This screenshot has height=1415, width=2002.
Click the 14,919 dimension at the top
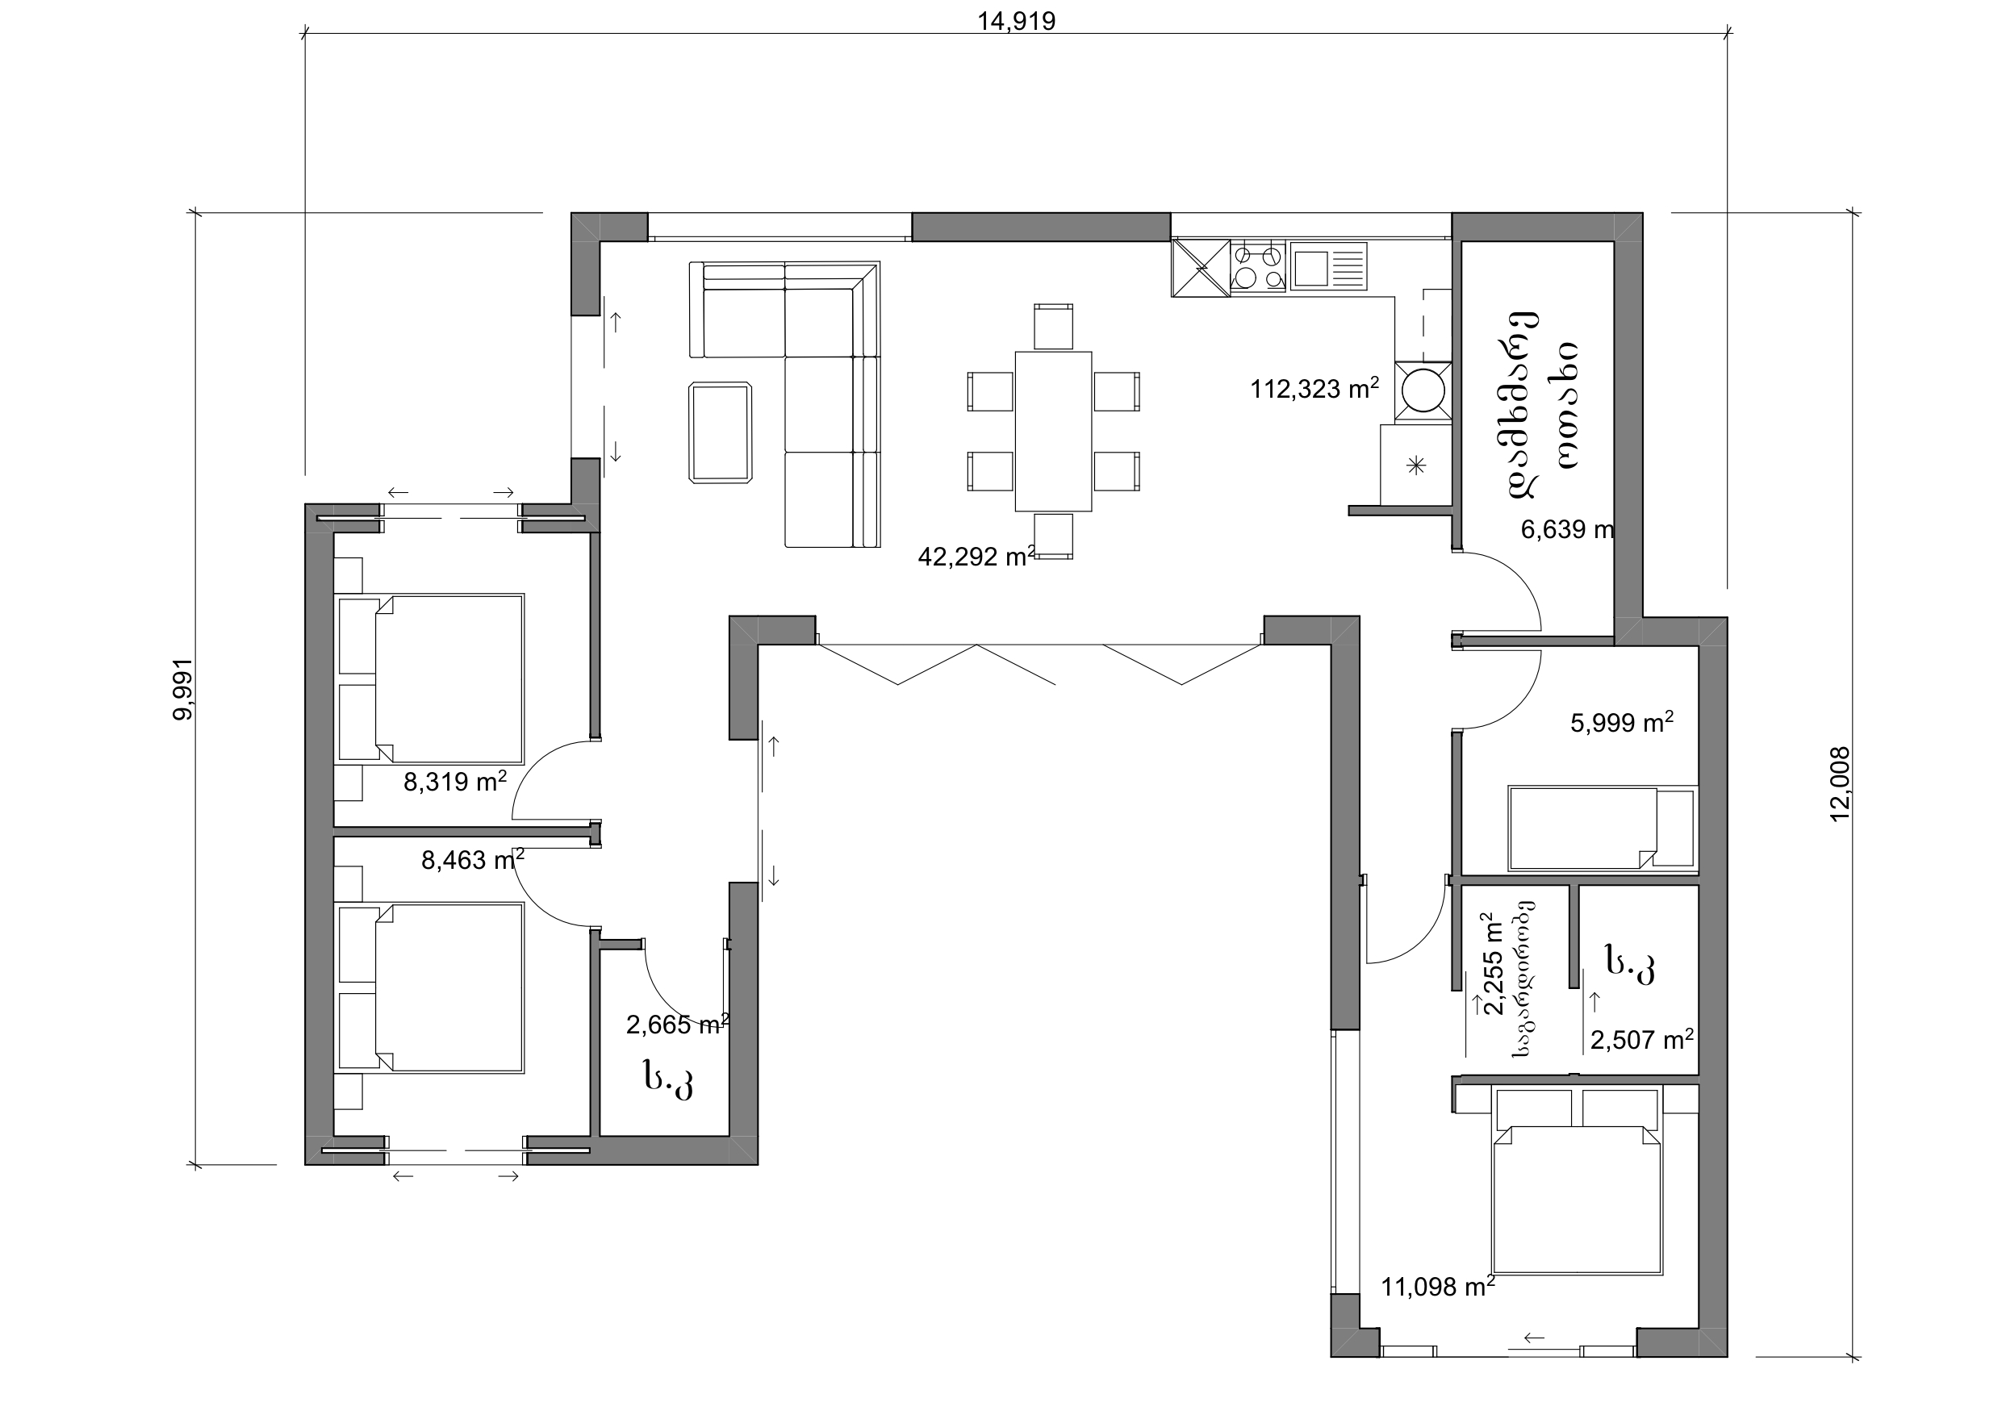[1016, 21]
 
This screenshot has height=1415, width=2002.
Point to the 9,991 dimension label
[183, 689]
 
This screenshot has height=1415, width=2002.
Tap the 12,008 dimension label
[1840, 784]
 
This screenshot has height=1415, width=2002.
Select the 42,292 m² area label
[976, 556]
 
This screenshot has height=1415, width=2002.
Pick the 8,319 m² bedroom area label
[454, 780]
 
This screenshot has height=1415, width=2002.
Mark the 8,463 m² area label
[473, 860]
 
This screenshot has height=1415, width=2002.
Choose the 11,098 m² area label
[1438, 1286]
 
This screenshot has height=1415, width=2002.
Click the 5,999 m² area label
[1622, 722]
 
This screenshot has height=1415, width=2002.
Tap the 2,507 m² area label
[1642, 1039]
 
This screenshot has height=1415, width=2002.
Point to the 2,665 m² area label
[678, 1025]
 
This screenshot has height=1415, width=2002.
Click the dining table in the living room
[1053, 431]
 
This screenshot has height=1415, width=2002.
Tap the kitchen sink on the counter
[1329, 267]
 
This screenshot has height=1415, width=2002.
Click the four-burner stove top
[1258, 267]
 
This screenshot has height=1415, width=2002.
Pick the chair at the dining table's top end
[1053, 327]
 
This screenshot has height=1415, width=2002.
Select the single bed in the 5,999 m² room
[1601, 829]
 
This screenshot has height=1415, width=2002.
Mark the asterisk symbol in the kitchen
[1416, 465]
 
